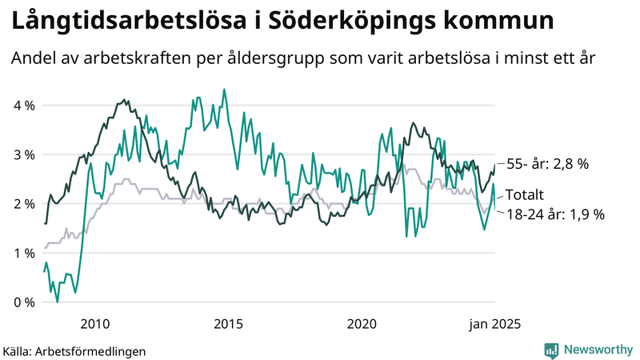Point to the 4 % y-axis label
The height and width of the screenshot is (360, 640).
24,105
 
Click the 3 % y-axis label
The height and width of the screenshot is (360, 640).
24,154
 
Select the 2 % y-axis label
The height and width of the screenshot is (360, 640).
24,203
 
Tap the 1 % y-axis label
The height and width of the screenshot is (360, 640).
24,253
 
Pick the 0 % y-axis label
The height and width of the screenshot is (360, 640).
24,302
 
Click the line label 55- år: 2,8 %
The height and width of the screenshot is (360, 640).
548,163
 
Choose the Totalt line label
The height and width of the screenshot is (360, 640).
525,194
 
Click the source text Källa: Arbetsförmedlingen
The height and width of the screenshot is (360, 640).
63,350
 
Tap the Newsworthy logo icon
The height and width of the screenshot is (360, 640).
551,350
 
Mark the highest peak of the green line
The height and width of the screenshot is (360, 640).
223,90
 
